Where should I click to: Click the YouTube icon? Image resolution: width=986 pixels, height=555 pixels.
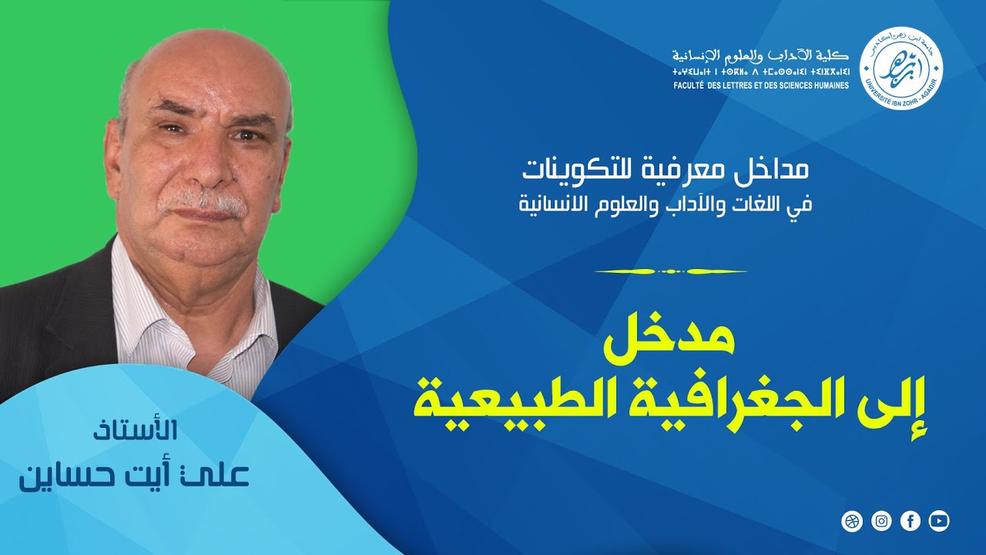(x=939, y=522)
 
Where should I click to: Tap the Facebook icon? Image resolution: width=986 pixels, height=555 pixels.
(x=911, y=522)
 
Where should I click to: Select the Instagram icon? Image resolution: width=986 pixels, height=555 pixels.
(x=881, y=522)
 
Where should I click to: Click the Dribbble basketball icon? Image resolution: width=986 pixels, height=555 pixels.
(x=852, y=522)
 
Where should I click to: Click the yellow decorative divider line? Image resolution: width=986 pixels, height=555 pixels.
(x=672, y=271)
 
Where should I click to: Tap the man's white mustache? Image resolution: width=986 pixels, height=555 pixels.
(x=202, y=202)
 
